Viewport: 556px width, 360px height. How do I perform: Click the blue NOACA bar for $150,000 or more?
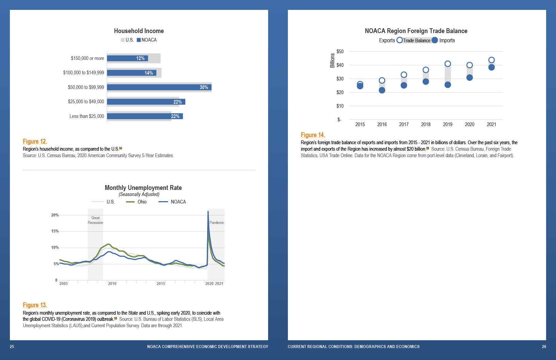(x=127, y=58)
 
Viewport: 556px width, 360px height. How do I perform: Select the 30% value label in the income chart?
(x=204, y=87)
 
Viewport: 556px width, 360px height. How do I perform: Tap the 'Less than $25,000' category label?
(x=87, y=116)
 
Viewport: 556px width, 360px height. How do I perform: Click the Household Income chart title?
(x=139, y=31)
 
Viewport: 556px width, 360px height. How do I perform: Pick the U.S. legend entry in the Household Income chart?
(x=127, y=40)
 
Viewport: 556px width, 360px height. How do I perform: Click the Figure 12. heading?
(x=35, y=141)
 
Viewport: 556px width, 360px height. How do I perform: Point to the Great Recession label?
(x=95, y=220)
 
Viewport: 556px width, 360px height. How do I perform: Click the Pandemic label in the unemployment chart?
(x=217, y=223)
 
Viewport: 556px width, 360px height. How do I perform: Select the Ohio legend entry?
(x=137, y=202)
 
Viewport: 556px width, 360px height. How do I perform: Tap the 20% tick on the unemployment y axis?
(x=55, y=215)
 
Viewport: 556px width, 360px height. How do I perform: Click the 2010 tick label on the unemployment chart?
(x=112, y=284)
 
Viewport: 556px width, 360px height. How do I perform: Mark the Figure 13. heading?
(x=35, y=305)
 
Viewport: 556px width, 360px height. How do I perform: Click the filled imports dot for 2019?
(x=448, y=85)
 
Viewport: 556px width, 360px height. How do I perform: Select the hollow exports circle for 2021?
(x=491, y=60)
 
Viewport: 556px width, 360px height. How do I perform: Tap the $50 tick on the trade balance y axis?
(x=340, y=51)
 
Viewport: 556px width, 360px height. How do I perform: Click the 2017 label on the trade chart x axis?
(x=404, y=124)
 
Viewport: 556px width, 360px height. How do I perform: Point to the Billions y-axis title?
(x=332, y=60)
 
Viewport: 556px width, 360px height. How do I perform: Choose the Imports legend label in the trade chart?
(x=447, y=40)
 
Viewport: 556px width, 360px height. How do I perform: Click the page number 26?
(x=544, y=347)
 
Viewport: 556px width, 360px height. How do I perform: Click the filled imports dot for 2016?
(x=382, y=90)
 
